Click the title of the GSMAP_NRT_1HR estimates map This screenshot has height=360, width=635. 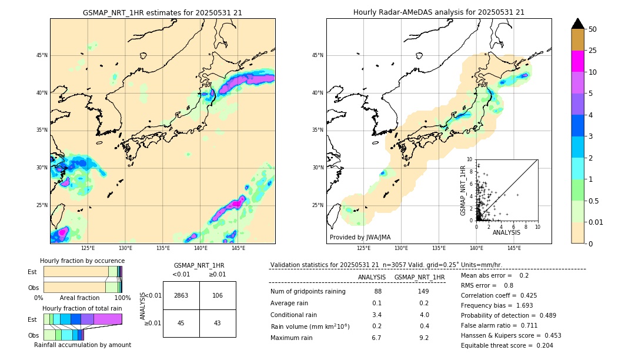coord(162,12)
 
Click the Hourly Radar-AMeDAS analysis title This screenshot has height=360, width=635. coord(439,12)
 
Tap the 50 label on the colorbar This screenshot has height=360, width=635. coord(593,29)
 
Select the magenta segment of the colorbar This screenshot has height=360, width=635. coord(577,61)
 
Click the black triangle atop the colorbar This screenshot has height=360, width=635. coord(577,24)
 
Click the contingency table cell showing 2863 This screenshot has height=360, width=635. coord(181,295)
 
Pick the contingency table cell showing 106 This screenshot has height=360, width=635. coord(218,295)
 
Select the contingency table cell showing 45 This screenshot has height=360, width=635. coord(181,323)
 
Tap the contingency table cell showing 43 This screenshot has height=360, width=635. coord(218,323)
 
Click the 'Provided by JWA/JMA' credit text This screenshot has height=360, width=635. coord(360,238)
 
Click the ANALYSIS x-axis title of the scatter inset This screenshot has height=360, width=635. coord(506,232)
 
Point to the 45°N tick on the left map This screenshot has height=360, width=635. coord(42,55)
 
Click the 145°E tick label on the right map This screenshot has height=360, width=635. coord(514,248)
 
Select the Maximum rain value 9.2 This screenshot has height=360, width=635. coord(424,338)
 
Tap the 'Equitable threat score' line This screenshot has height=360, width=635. coord(507,345)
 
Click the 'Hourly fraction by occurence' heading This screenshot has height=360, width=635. coord(82,261)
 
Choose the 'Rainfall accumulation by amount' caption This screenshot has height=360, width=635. coord(82,345)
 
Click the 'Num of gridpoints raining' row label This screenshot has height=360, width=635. coord(308,292)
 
